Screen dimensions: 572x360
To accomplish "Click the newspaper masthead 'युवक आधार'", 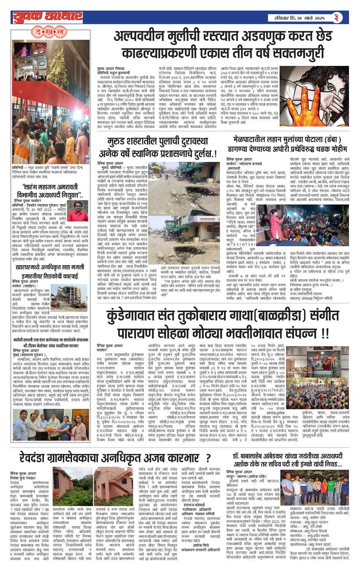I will coord(48,17).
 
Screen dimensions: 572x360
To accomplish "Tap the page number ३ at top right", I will coord(336,17).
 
